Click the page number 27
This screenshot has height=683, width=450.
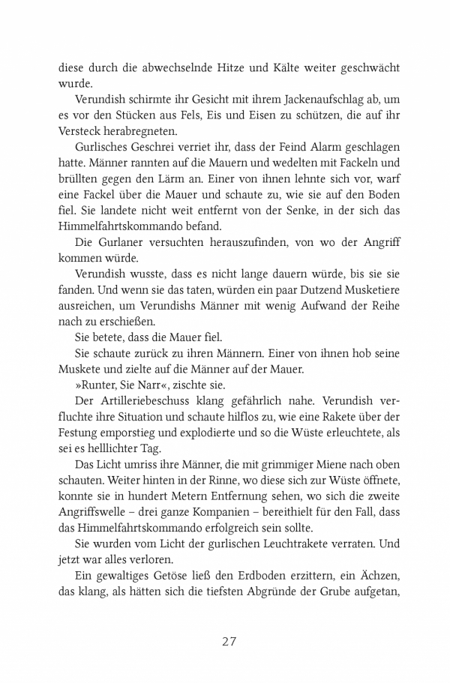(x=229, y=641)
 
